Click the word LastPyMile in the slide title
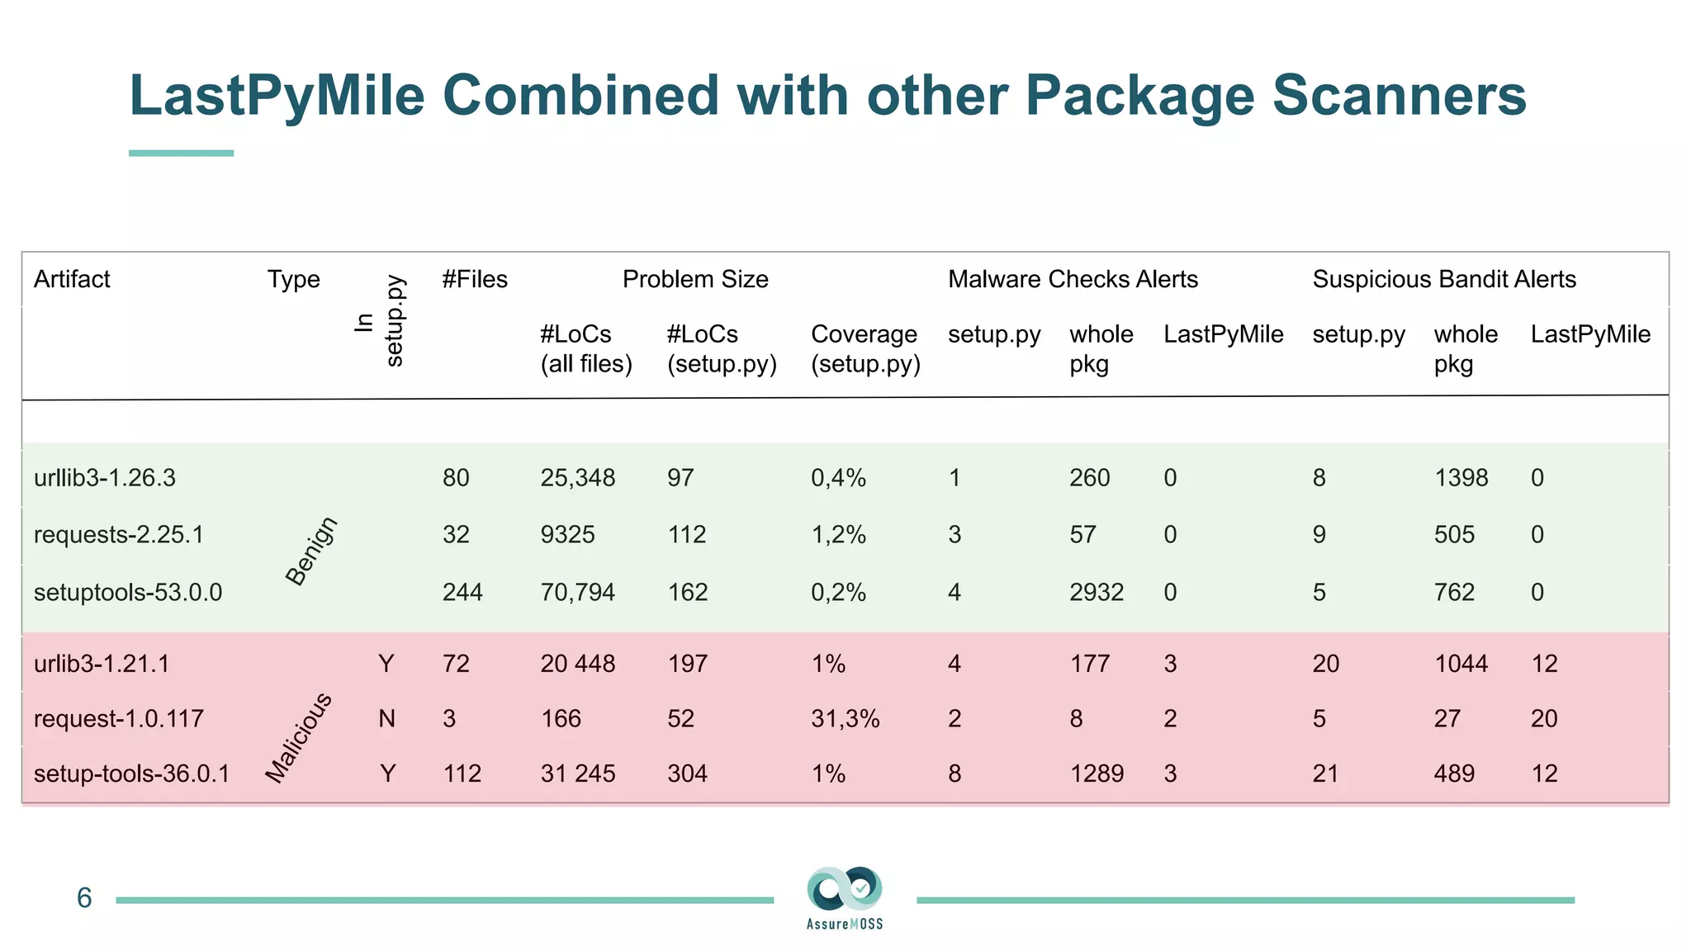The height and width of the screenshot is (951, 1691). pyautogui.click(x=277, y=95)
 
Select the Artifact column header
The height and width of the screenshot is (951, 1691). pyautogui.click(x=72, y=279)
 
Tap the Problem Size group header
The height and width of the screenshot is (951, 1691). pyautogui.click(x=695, y=279)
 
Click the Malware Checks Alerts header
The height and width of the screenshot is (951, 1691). pyautogui.click(x=1073, y=279)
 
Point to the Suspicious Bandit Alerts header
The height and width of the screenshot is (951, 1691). pyautogui.click(x=1444, y=279)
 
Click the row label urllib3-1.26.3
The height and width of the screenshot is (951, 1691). pyautogui.click(x=105, y=478)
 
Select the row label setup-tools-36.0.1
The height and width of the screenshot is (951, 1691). pyautogui.click(x=131, y=774)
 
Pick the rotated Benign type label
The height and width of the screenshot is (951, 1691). pyautogui.click(x=311, y=551)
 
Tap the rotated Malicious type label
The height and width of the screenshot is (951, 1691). pyautogui.click(x=299, y=738)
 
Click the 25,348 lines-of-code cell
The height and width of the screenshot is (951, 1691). pyautogui.click(x=578, y=478)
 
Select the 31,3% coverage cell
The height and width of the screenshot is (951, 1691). pyautogui.click(x=845, y=719)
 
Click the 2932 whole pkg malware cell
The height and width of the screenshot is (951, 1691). pyautogui.click(x=1097, y=593)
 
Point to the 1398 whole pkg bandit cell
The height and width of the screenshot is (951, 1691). pyautogui.click(x=1461, y=478)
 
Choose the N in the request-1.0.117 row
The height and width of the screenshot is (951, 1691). pyautogui.click(x=386, y=719)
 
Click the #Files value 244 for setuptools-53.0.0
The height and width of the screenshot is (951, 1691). pyautogui.click(x=462, y=593)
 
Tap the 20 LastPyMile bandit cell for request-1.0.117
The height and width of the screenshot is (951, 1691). pyautogui.click(x=1544, y=719)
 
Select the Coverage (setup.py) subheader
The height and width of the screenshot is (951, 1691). pyautogui.click(x=865, y=348)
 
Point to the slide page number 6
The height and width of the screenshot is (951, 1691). pyautogui.click(x=84, y=898)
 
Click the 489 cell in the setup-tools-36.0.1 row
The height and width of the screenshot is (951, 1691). pyautogui.click(x=1454, y=774)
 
